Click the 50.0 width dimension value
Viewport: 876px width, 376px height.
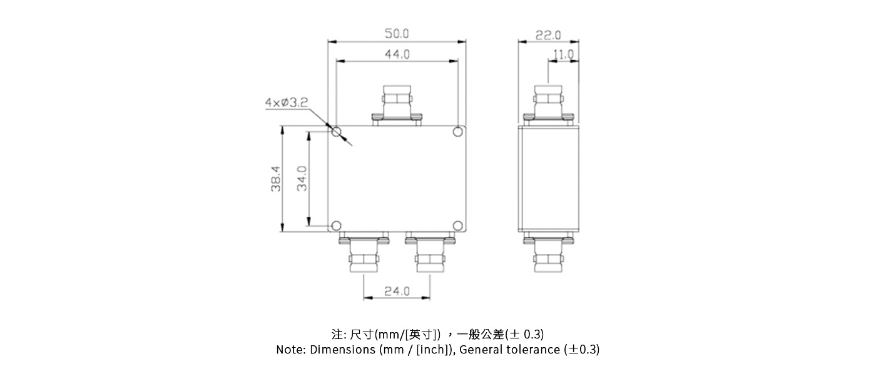(396, 33)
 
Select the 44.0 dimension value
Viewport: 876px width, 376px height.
(396, 55)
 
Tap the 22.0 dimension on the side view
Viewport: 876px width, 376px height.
(548, 34)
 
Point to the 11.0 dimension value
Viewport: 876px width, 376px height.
(563, 55)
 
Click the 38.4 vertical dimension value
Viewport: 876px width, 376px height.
(276, 179)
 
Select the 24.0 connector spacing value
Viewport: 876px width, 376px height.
(397, 291)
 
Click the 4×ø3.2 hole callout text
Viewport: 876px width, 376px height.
(286, 102)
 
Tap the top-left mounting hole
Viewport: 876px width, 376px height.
(336, 132)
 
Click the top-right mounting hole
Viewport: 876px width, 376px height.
(458, 132)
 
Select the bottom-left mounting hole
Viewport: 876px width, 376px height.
(336, 226)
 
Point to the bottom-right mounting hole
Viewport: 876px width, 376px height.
(458, 226)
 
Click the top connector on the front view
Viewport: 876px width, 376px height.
(397, 104)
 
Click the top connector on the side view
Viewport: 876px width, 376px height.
(549, 104)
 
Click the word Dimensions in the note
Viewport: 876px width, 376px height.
(343, 350)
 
